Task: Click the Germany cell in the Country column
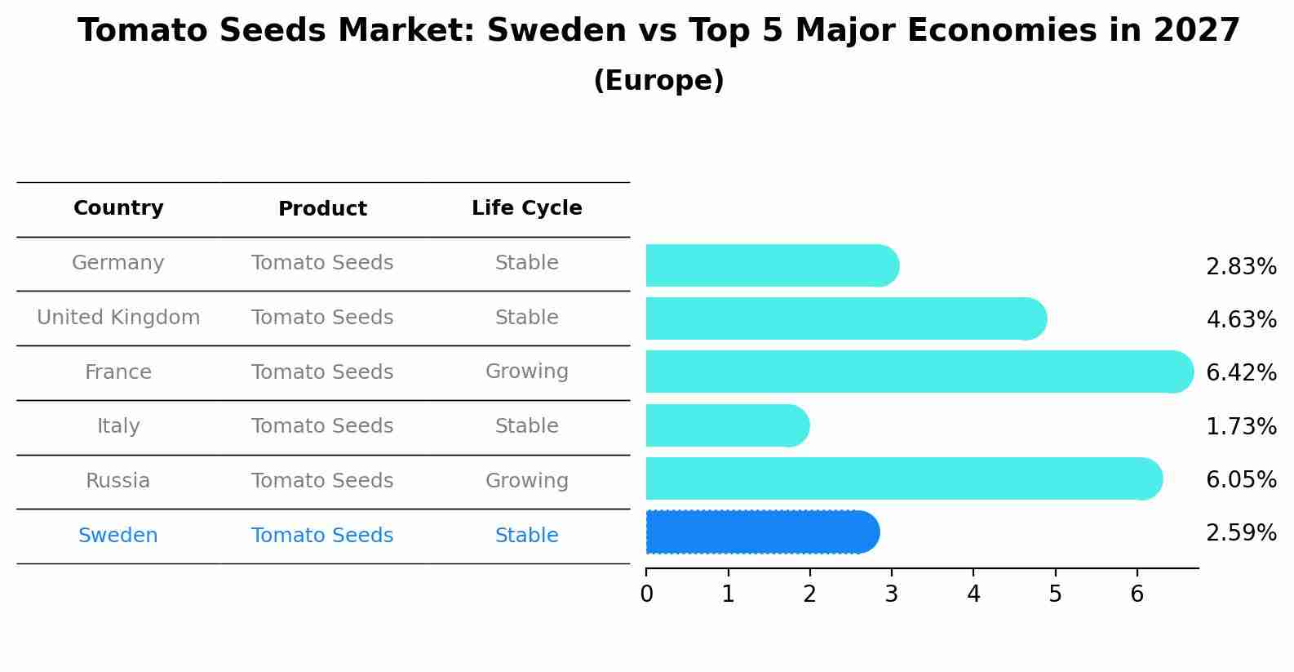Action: [x=118, y=263]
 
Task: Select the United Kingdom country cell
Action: [x=118, y=318]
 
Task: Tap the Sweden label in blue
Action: [x=118, y=536]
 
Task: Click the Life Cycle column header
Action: [x=526, y=208]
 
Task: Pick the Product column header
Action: [x=322, y=209]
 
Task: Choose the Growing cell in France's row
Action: [x=526, y=372]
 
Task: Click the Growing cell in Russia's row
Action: [x=526, y=481]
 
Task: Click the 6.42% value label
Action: [x=1240, y=373]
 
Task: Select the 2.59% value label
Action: [x=1240, y=533]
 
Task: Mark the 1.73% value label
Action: [x=1240, y=426]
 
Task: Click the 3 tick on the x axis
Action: [x=891, y=594]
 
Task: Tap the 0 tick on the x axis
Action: [x=646, y=594]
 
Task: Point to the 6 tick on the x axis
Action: [x=1137, y=594]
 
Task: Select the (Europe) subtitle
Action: [x=658, y=81]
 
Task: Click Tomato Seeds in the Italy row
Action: [x=322, y=426]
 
